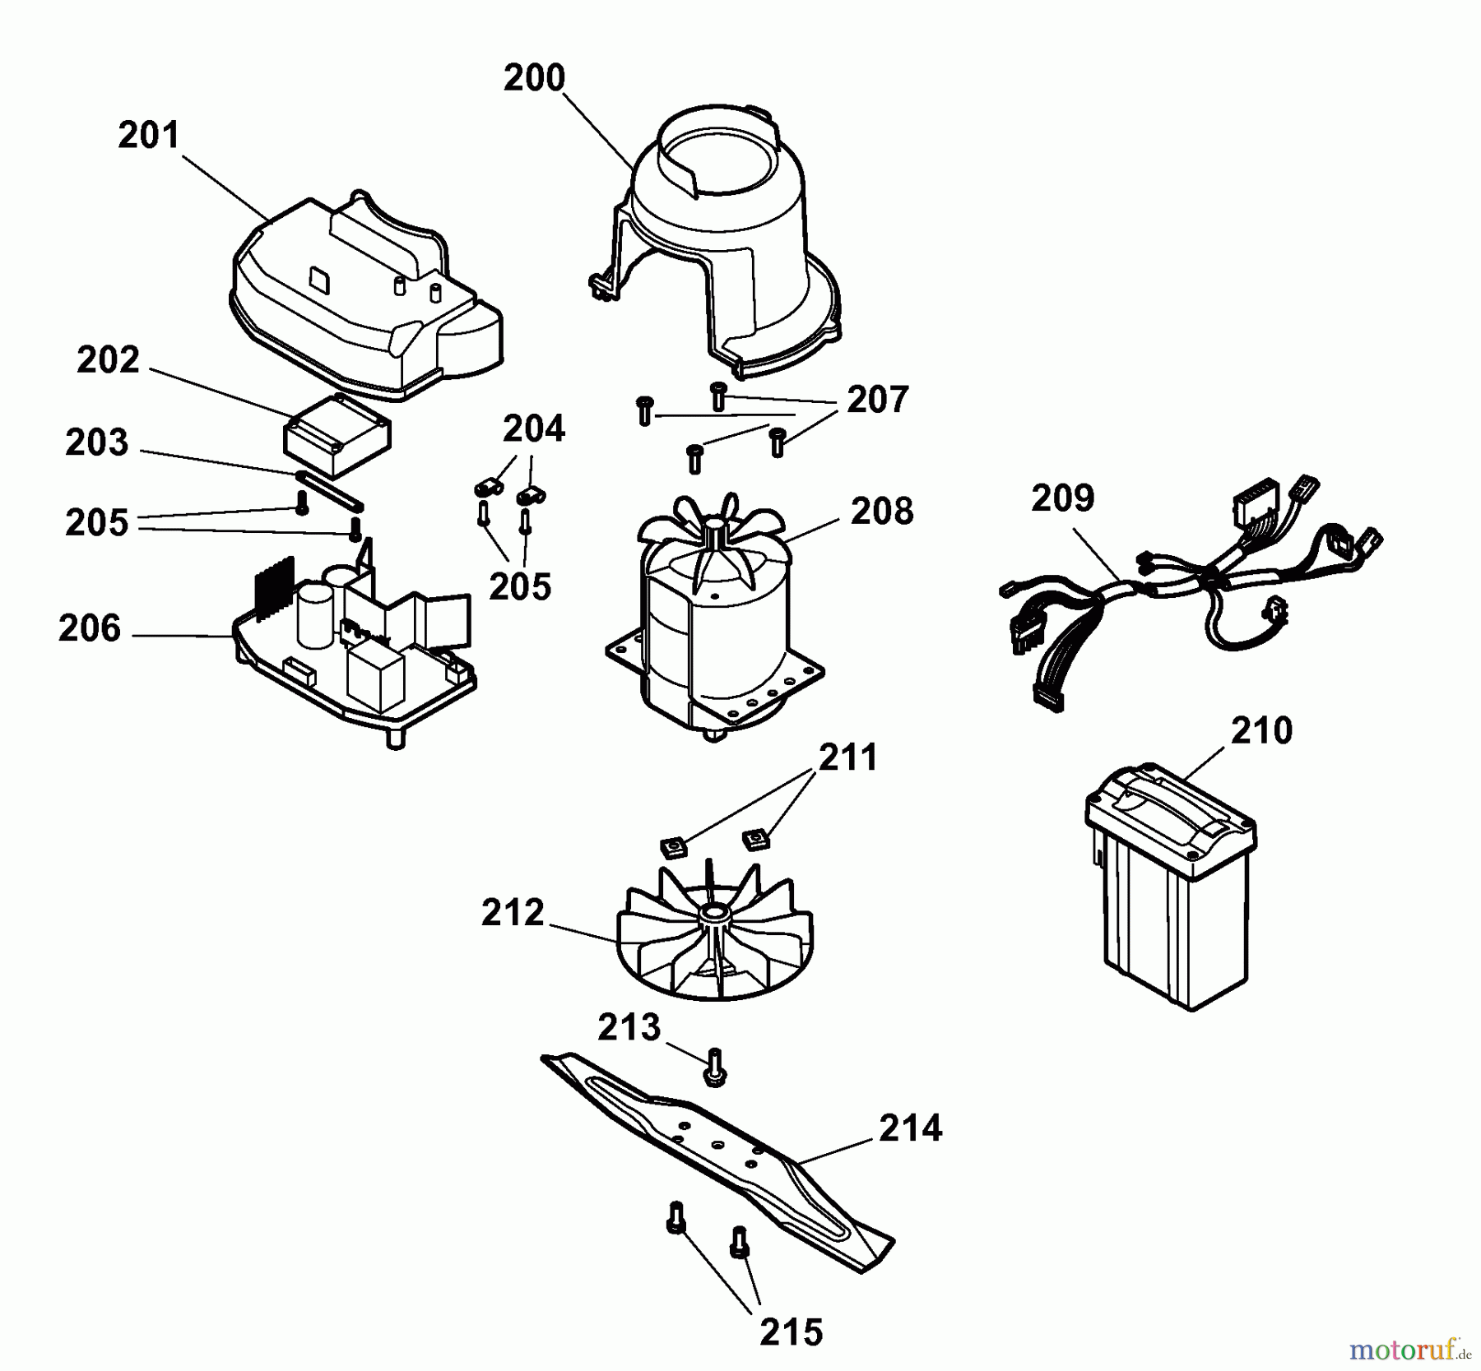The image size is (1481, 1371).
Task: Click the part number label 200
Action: (534, 78)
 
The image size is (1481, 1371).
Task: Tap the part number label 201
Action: (148, 136)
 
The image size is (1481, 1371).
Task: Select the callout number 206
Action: (90, 629)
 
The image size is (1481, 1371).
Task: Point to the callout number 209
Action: (1063, 498)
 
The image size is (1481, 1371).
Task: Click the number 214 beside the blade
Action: (910, 1128)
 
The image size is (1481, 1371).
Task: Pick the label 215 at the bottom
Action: (791, 1332)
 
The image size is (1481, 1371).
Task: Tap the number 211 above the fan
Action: (847, 757)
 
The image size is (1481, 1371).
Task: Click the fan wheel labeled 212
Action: (714, 938)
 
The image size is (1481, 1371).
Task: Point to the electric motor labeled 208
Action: (714, 625)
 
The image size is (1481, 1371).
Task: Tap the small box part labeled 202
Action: (337, 436)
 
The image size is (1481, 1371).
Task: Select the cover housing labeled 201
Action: (362, 304)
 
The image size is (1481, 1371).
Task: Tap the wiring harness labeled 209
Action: (1185, 592)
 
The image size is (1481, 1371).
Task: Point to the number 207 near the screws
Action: (877, 400)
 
